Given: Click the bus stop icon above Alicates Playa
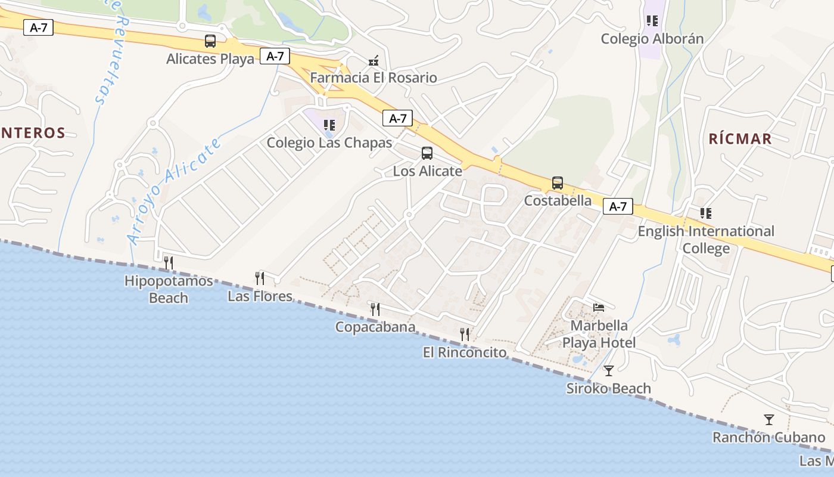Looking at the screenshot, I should [210, 41].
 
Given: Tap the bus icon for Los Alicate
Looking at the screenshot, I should [427, 153].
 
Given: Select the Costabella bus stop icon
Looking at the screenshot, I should [558, 183].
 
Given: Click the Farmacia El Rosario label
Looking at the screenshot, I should [374, 78].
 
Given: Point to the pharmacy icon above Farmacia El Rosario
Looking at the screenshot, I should [374, 60].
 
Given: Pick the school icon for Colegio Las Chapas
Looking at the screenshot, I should [329, 125].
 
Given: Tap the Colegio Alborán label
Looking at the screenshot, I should [652, 39].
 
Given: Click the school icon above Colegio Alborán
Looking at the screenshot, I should [652, 21].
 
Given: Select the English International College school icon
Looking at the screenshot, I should [706, 213].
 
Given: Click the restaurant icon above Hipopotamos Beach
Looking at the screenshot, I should [169, 262].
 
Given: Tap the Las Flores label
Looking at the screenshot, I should [260, 296].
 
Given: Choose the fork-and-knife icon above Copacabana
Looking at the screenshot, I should [375, 309].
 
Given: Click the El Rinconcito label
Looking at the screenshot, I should [465, 352].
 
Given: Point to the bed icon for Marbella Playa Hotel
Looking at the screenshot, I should [599, 308].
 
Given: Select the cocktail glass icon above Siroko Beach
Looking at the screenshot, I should [608, 371].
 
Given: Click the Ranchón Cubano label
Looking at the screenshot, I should [768, 438].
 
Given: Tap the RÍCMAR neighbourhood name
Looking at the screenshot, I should [740, 139].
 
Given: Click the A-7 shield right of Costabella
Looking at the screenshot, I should [618, 206].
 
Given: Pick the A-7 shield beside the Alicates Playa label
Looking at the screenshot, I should [275, 56].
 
